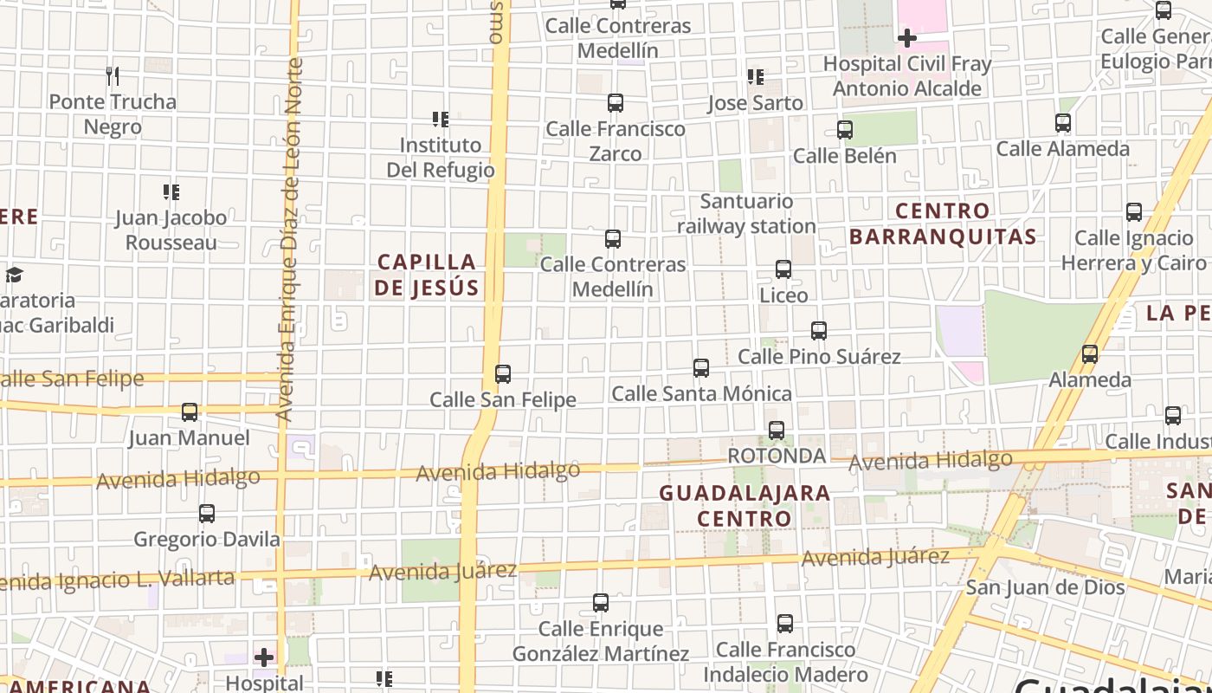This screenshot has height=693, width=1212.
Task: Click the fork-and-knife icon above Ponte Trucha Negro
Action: coord(113,76)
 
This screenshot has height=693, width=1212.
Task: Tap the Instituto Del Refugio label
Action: coord(441,158)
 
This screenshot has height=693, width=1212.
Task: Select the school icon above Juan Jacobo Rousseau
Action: coord(171,192)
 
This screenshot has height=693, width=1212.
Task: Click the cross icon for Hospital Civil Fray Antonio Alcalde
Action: coord(906,38)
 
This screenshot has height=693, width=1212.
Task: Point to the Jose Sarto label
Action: coord(755,103)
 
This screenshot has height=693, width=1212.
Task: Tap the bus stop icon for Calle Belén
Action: coord(845,130)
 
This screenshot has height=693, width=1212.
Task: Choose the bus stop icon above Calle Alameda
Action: coord(1063,123)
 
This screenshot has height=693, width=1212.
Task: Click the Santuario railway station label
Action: coord(746,214)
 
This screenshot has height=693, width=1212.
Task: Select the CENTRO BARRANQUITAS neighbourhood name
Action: coord(943,223)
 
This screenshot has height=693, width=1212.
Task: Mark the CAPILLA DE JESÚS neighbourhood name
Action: coord(427,275)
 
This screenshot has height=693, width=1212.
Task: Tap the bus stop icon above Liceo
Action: coord(783,269)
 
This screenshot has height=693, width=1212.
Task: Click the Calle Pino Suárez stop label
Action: coord(819,356)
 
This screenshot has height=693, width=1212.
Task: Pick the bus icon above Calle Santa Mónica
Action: coord(701,368)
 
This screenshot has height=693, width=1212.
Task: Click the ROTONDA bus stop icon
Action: coord(777,431)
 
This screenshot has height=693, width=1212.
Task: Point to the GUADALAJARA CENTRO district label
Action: coord(745,506)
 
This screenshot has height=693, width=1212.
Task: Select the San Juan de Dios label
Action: coord(1045,586)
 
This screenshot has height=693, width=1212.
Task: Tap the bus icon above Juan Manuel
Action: coord(190,412)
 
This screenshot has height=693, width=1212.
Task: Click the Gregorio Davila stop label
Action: coord(207,540)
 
